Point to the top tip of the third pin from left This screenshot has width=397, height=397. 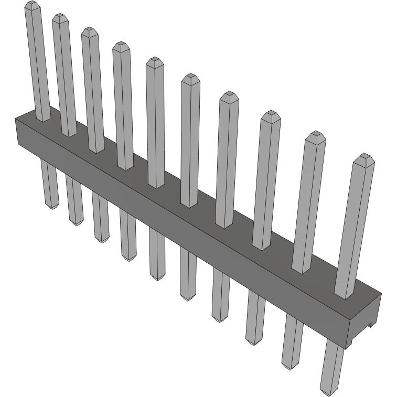click(90, 31)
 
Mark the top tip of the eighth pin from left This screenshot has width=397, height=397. click(271, 114)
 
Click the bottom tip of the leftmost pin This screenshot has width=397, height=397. click(51, 207)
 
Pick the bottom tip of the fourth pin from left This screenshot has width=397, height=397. click(128, 258)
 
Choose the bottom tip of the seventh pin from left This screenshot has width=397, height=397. click(220, 319)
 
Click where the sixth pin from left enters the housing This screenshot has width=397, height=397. click(189, 204)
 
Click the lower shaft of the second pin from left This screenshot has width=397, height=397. click(74, 199)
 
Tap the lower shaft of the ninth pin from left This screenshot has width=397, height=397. click(292, 341)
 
